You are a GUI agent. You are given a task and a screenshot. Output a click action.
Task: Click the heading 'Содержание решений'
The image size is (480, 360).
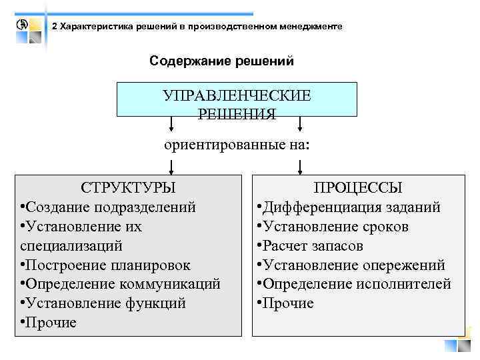(221, 61)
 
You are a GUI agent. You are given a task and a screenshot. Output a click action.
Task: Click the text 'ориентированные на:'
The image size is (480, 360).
(237, 145)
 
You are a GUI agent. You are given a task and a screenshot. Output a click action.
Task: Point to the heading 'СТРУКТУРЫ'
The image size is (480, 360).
(128, 187)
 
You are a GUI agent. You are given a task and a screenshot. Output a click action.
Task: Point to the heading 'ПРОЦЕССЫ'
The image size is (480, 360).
(359, 188)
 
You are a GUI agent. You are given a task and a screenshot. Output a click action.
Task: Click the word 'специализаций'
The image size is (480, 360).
(71, 245)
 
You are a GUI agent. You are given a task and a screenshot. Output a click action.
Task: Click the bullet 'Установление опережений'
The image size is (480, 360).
(350, 265)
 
